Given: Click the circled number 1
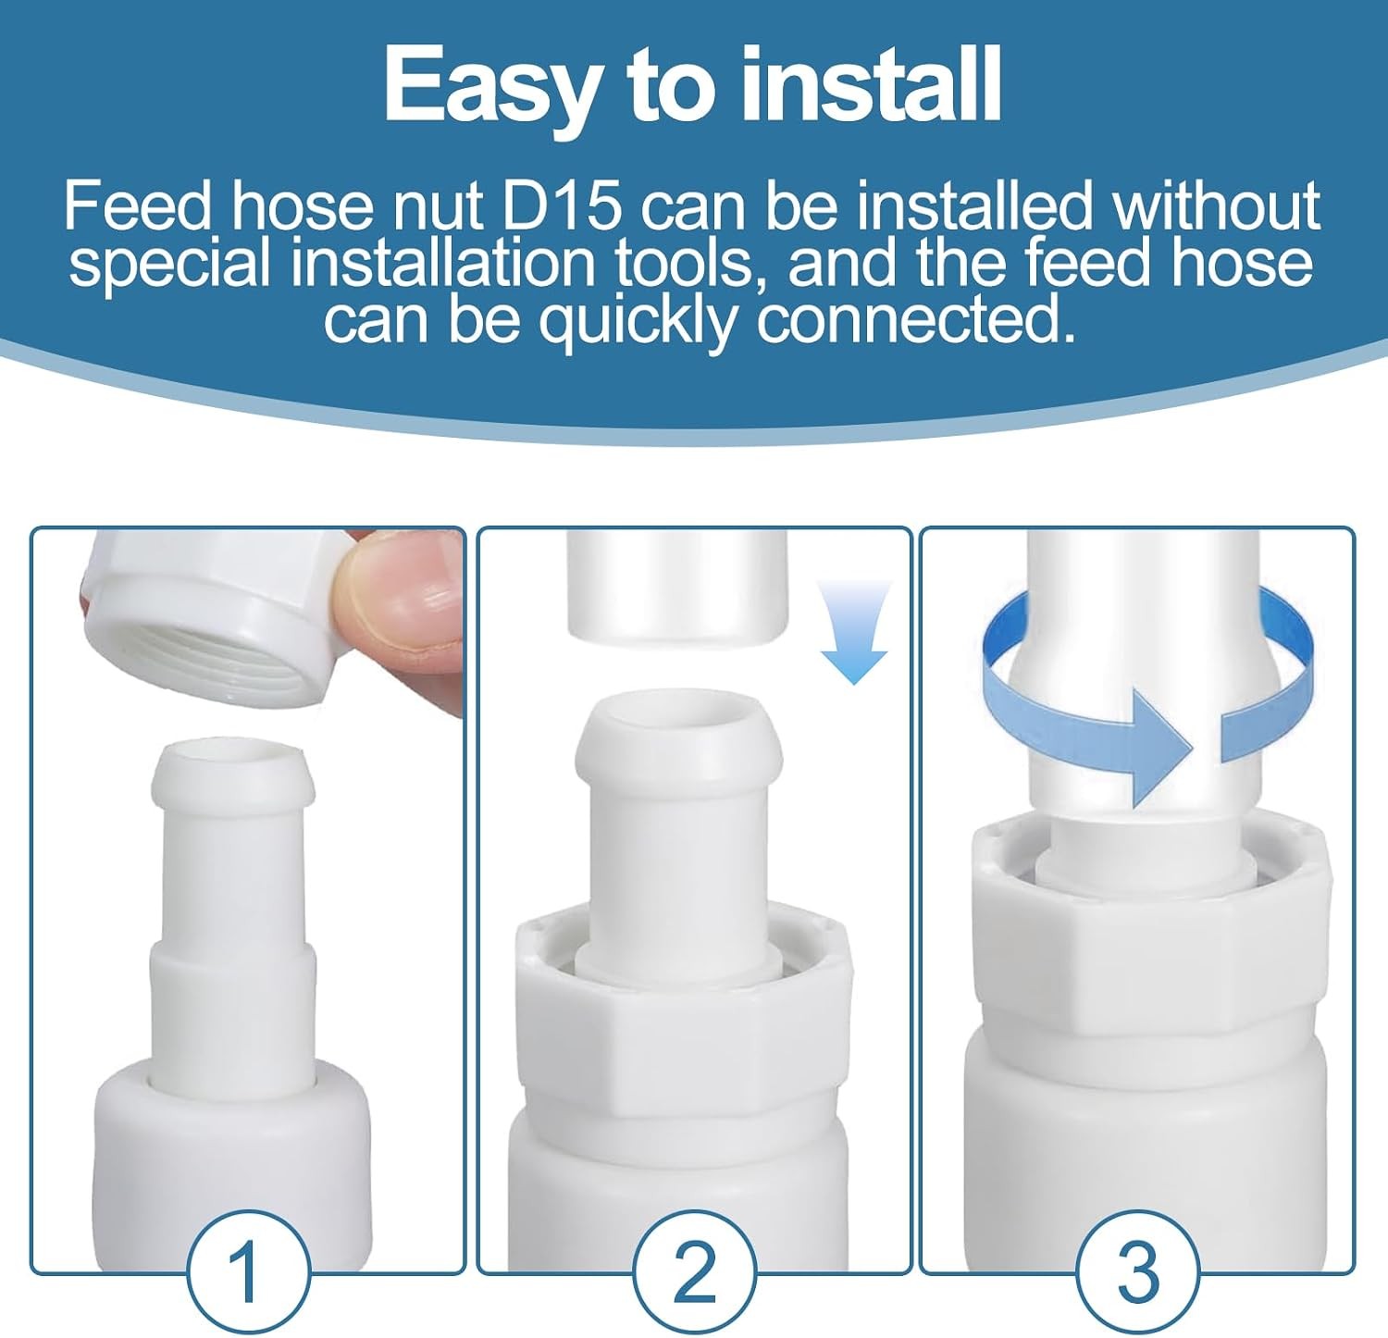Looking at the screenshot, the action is (x=247, y=1270).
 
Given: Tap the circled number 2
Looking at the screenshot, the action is (x=693, y=1270).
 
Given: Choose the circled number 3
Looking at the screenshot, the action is (x=1138, y=1270).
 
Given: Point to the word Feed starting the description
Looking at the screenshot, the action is (x=138, y=206).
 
